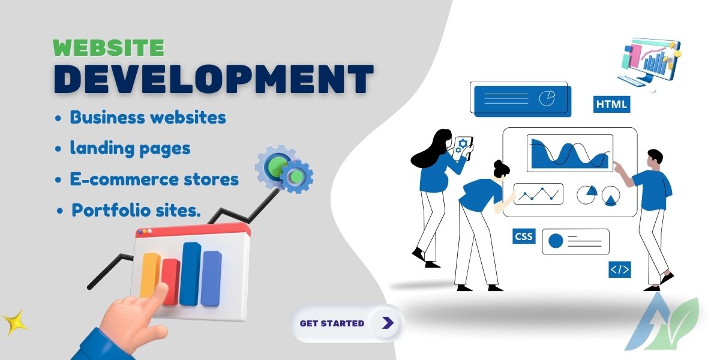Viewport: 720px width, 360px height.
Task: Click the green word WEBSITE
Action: pyautogui.click(x=109, y=47)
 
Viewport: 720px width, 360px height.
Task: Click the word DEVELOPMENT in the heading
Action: pyautogui.click(x=214, y=79)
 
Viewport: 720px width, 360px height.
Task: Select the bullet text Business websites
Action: pyautogui.click(x=148, y=118)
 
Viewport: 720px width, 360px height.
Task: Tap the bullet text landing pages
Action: pyautogui.click(x=130, y=149)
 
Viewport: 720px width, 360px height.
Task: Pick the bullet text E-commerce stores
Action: pyautogui.click(x=154, y=179)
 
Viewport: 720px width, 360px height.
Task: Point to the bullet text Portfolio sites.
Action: pyautogui.click(x=136, y=210)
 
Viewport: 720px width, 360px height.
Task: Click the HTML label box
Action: pyautogui.click(x=611, y=104)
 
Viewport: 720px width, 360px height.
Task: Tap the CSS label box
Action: pyautogui.click(x=524, y=236)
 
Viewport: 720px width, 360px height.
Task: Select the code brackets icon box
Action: pyautogui.click(x=620, y=269)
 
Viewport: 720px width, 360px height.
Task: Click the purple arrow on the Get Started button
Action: pyautogui.click(x=388, y=322)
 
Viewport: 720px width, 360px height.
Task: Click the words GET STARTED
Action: pyautogui.click(x=332, y=323)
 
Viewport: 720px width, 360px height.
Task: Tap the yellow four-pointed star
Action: pyautogui.click(x=15, y=323)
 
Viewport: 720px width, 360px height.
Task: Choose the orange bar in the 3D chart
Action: pyautogui.click(x=150, y=276)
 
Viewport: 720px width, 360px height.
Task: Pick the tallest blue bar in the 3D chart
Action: pyautogui.click(x=190, y=274)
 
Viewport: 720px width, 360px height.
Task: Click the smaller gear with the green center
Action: pyautogui.click(x=296, y=176)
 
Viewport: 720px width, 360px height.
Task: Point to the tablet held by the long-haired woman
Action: pyautogui.click(x=463, y=148)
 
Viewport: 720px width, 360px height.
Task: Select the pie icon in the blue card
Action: pyautogui.click(x=547, y=98)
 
